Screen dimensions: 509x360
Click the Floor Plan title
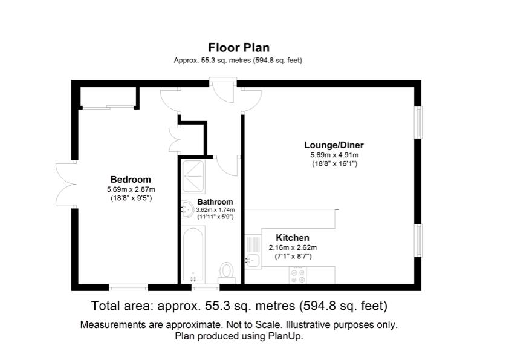239,47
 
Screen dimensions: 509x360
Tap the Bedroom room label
131,179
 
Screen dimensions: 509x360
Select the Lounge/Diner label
334,145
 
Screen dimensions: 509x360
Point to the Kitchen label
293,238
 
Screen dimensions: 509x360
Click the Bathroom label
215,201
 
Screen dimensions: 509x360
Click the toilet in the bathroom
227,272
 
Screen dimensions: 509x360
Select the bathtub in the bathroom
193,254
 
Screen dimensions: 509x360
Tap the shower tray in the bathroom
193,177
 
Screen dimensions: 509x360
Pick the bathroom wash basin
187,209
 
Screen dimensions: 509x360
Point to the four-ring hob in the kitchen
297,275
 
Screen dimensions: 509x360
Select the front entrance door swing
222,91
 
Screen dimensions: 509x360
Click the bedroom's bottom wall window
128,287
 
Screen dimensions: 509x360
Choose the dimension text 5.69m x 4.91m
334,155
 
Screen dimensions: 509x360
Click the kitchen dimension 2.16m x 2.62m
293,248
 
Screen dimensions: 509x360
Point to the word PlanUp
286,336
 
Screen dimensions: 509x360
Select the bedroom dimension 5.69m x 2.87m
131,189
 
